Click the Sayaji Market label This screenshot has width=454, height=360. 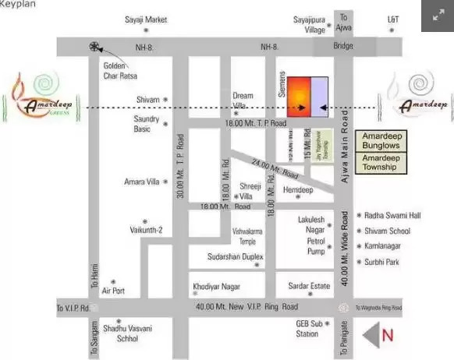[x=146, y=19]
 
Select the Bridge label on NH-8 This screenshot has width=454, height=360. [x=342, y=48]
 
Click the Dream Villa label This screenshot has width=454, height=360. [x=243, y=101]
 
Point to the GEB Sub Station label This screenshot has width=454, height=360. [x=307, y=328]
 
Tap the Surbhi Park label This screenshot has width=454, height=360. [x=382, y=262]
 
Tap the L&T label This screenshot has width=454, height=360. [x=393, y=19]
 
